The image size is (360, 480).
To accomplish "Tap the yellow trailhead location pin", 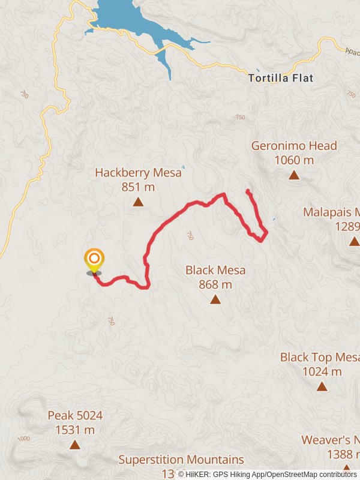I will point(94,261).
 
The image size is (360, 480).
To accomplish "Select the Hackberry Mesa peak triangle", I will point(138,202).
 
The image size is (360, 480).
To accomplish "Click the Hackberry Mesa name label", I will point(138,173).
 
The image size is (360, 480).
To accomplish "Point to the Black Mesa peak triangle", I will point(215,299).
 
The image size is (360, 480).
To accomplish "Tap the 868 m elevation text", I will point(215,284).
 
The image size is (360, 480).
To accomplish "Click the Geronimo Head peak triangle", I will point(294,175).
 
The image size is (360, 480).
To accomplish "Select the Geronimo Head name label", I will point(294,146).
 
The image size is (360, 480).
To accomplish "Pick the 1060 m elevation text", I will point(294,160).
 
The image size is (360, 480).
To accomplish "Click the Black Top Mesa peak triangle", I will point(322,386).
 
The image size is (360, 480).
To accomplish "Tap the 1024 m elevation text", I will point(322,371).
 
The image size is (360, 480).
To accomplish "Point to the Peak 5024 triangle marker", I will point(75,445).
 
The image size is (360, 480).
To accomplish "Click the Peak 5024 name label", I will point(75,415).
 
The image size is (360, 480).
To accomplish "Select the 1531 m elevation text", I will point(75,430).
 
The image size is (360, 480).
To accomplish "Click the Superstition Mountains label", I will point(181,460).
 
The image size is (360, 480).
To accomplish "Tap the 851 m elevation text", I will point(138,187).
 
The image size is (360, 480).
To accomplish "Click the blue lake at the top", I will point(123,15).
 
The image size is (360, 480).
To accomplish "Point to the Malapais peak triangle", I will point(354,241).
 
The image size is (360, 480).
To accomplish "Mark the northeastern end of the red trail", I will point(248,191).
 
